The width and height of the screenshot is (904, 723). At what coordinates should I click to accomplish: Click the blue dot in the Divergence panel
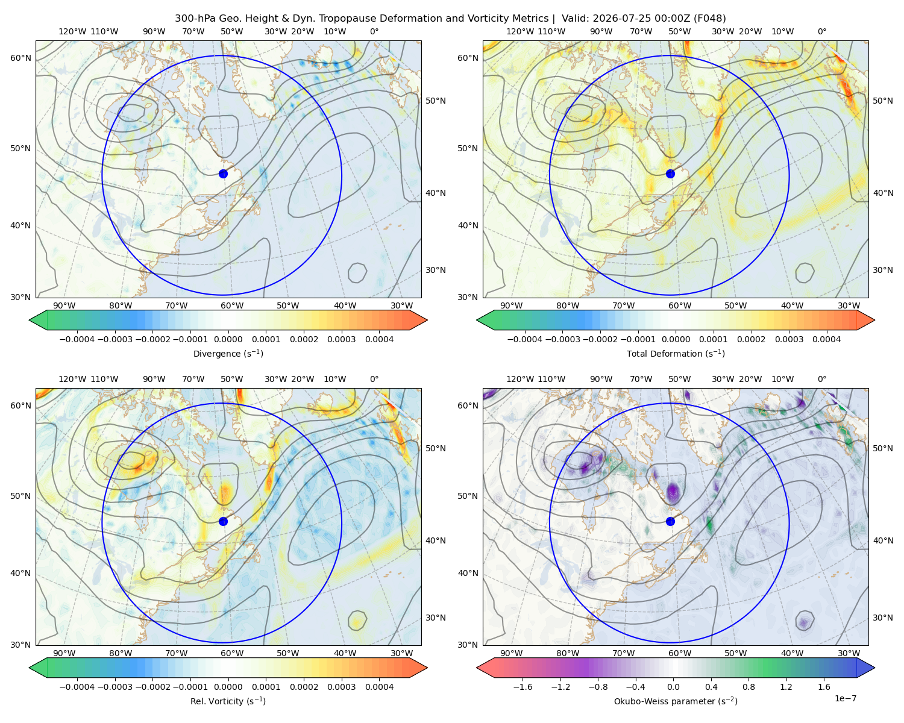223,174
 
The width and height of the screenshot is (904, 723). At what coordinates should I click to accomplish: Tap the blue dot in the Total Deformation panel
670,174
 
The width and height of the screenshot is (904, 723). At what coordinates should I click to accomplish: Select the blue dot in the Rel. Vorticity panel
223,521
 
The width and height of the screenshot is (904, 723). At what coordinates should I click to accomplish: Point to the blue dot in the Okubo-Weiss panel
670,521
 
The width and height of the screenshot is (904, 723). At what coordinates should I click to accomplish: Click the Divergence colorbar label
228,353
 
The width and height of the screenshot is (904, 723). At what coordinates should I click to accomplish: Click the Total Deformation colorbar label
676,353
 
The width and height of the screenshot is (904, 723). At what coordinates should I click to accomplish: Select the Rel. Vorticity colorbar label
228,701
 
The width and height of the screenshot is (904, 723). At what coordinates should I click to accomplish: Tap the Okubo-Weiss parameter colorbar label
676,701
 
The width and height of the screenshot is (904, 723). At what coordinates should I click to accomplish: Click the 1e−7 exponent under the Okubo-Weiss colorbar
845,698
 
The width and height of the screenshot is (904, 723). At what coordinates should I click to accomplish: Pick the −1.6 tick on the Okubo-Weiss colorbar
523,686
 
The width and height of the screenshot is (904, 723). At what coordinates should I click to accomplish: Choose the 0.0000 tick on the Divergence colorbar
228,339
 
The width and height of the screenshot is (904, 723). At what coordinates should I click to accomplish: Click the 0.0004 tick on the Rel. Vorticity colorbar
379,686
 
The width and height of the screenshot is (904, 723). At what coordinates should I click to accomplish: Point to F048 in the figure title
709,18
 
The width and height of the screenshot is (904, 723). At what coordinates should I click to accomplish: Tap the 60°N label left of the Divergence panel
20,58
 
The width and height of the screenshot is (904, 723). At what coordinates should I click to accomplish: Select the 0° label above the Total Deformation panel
821,31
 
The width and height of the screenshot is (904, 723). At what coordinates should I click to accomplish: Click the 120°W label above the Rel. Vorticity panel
72,378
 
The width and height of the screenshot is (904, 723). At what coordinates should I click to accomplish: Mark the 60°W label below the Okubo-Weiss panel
679,653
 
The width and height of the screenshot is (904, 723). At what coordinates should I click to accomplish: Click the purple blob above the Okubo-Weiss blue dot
673,490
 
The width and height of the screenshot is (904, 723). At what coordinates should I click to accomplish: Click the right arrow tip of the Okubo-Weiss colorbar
874,668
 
